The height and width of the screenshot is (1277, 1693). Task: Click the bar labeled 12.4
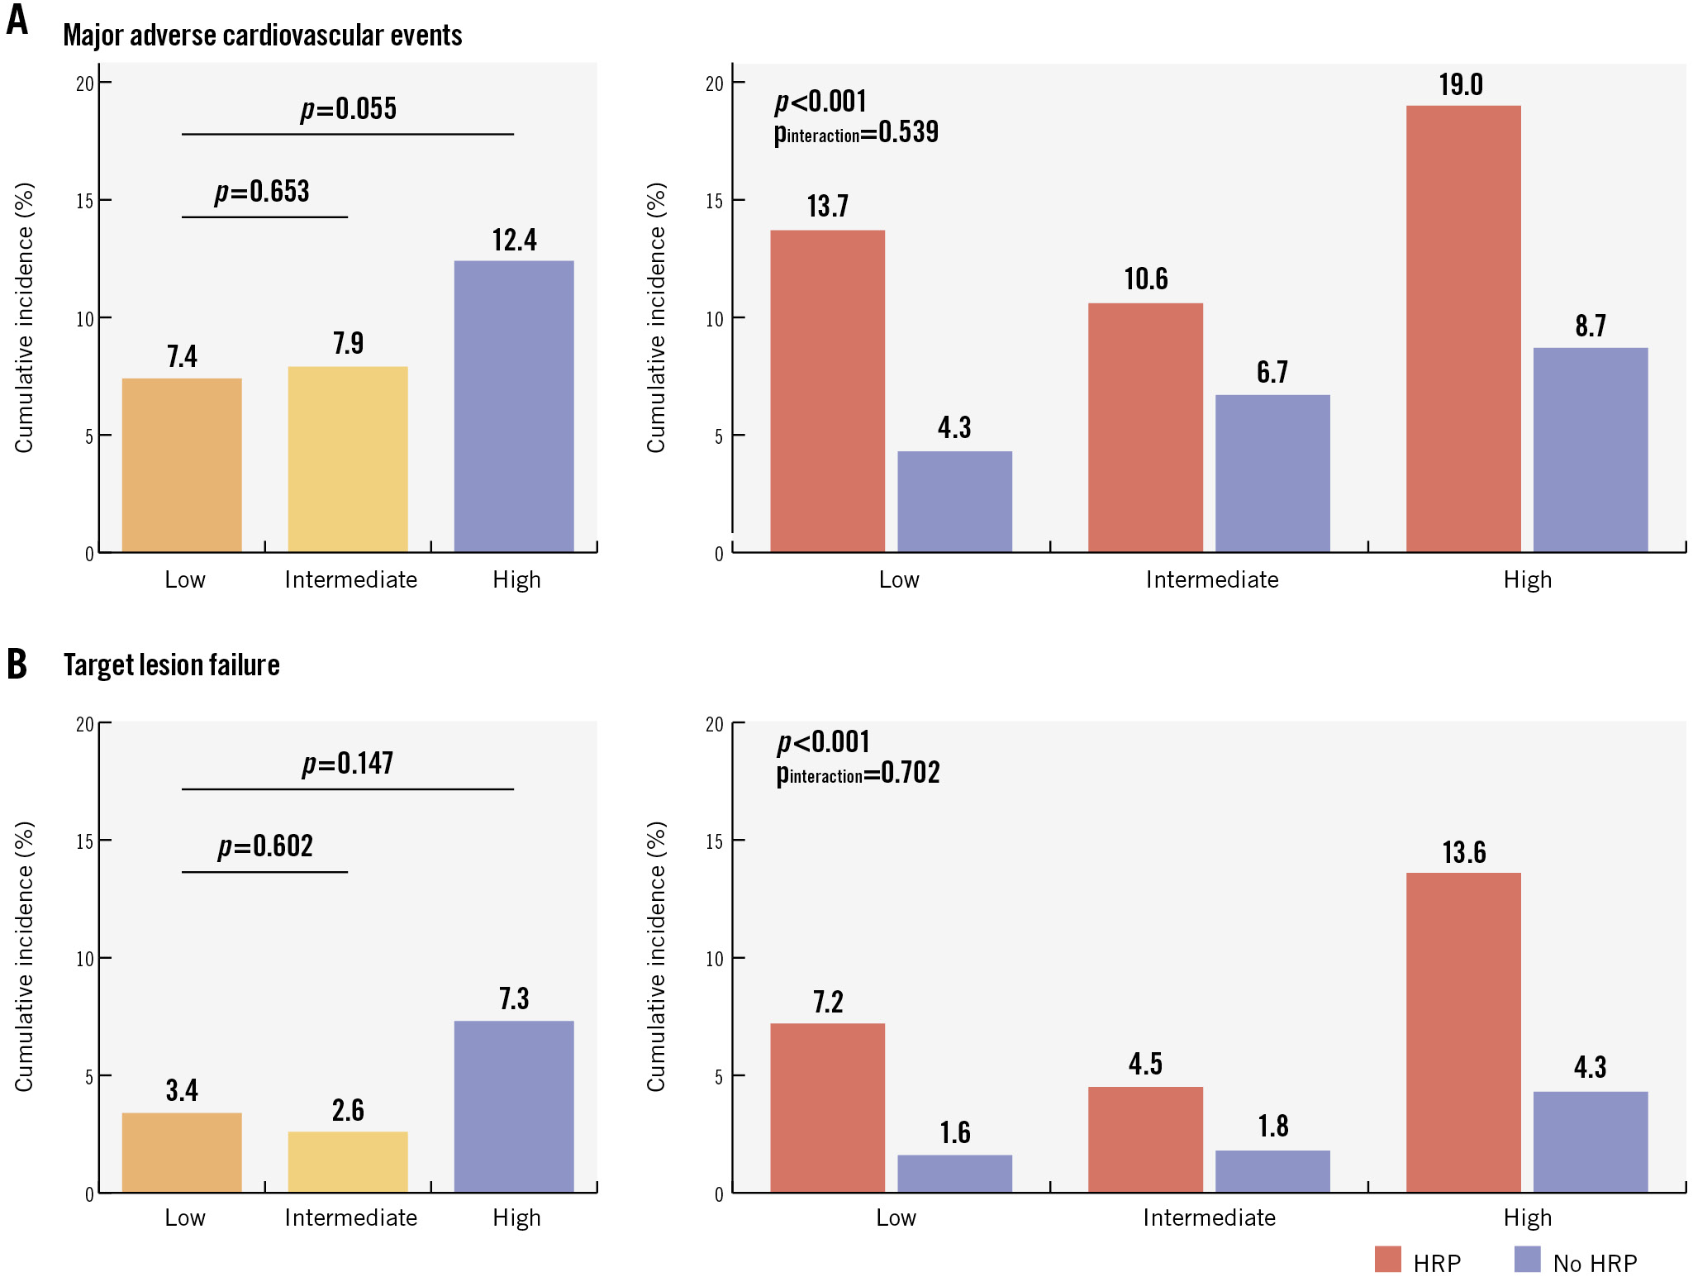(x=513, y=406)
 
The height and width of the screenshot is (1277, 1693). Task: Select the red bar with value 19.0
(x=1462, y=328)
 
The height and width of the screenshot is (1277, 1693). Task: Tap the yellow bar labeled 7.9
(x=347, y=459)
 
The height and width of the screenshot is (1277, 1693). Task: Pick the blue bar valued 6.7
(x=1272, y=473)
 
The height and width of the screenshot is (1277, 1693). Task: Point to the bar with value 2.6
(x=347, y=1161)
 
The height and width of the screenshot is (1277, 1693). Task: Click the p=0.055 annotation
(x=348, y=109)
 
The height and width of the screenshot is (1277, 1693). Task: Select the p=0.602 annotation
(x=265, y=846)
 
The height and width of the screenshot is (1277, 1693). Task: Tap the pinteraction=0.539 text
(x=856, y=133)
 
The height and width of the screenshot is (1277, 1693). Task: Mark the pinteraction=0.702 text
(x=858, y=774)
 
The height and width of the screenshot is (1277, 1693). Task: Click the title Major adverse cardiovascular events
(x=262, y=36)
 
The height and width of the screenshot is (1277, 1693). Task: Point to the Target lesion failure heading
(x=171, y=665)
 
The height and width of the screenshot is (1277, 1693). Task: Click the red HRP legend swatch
(x=1387, y=1260)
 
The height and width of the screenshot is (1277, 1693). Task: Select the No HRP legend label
(x=1594, y=1263)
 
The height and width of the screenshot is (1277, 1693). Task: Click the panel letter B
(x=17, y=665)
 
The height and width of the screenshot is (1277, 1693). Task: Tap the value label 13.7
(x=827, y=206)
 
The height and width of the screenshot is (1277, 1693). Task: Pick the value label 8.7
(x=1590, y=326)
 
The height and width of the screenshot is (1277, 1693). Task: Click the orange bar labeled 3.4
(x=182, y=1152)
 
